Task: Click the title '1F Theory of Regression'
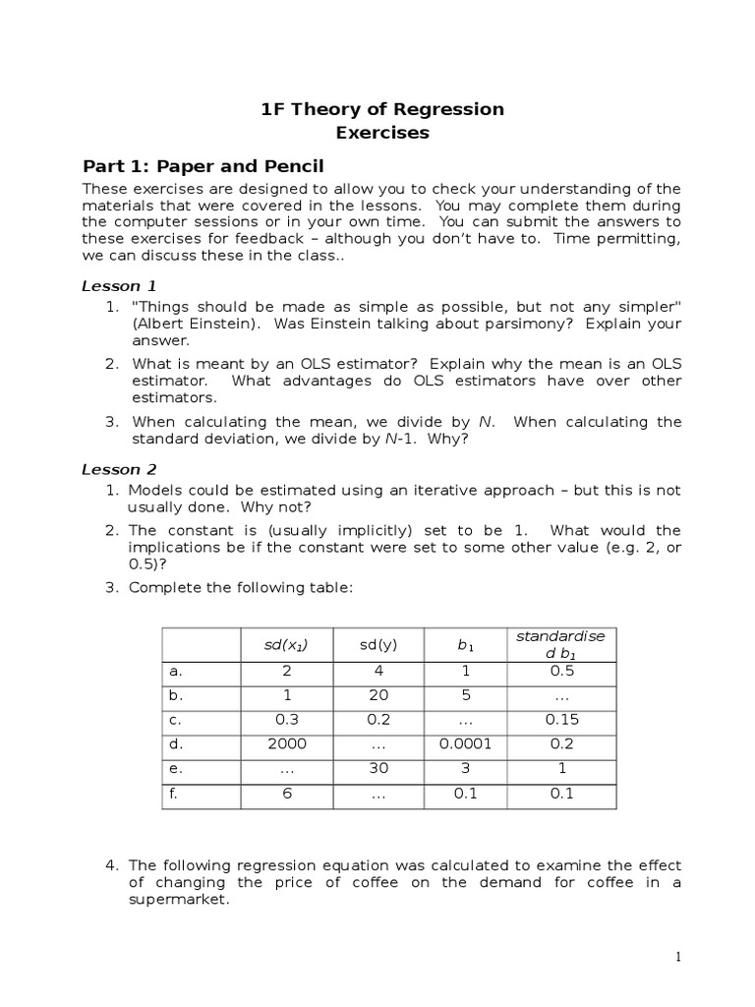[x=382, y=109]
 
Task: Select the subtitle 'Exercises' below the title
[x=382, y=133]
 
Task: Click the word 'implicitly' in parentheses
[x=360, y=530]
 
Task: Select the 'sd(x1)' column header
[x=286, y=645]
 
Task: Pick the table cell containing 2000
[x=286, y=744]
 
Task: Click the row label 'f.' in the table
[x=173, y=794]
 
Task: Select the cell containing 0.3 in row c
[x=286, y=720]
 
